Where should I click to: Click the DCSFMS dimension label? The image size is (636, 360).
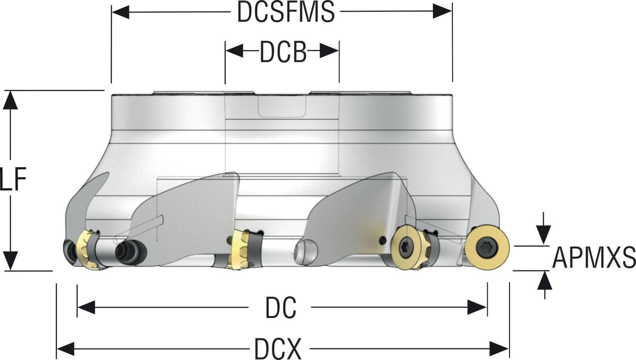pos(285,12)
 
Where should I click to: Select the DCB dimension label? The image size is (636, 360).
pos(283,52)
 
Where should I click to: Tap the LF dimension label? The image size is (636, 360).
pos(13,180)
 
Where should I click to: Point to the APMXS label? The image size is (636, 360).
pos(594,257)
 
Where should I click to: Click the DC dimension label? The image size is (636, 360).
pos(281,308)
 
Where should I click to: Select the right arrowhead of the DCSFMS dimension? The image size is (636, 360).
pos(443,12)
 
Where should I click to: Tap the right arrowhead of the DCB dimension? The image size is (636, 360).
pos(330,51)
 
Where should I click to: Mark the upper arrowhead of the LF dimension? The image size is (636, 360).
pos(10,100)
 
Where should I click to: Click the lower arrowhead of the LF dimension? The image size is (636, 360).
pos(10,261)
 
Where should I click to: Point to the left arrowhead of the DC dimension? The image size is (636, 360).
pos(86,307)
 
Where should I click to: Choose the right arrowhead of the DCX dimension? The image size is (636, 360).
pos(500,349)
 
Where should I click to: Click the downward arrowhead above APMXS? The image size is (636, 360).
pos(544,234)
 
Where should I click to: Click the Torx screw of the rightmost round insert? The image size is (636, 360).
pos(487,248)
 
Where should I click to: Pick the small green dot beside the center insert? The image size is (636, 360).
pos(229,240)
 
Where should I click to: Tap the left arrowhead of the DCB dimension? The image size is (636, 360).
pos(234,51)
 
